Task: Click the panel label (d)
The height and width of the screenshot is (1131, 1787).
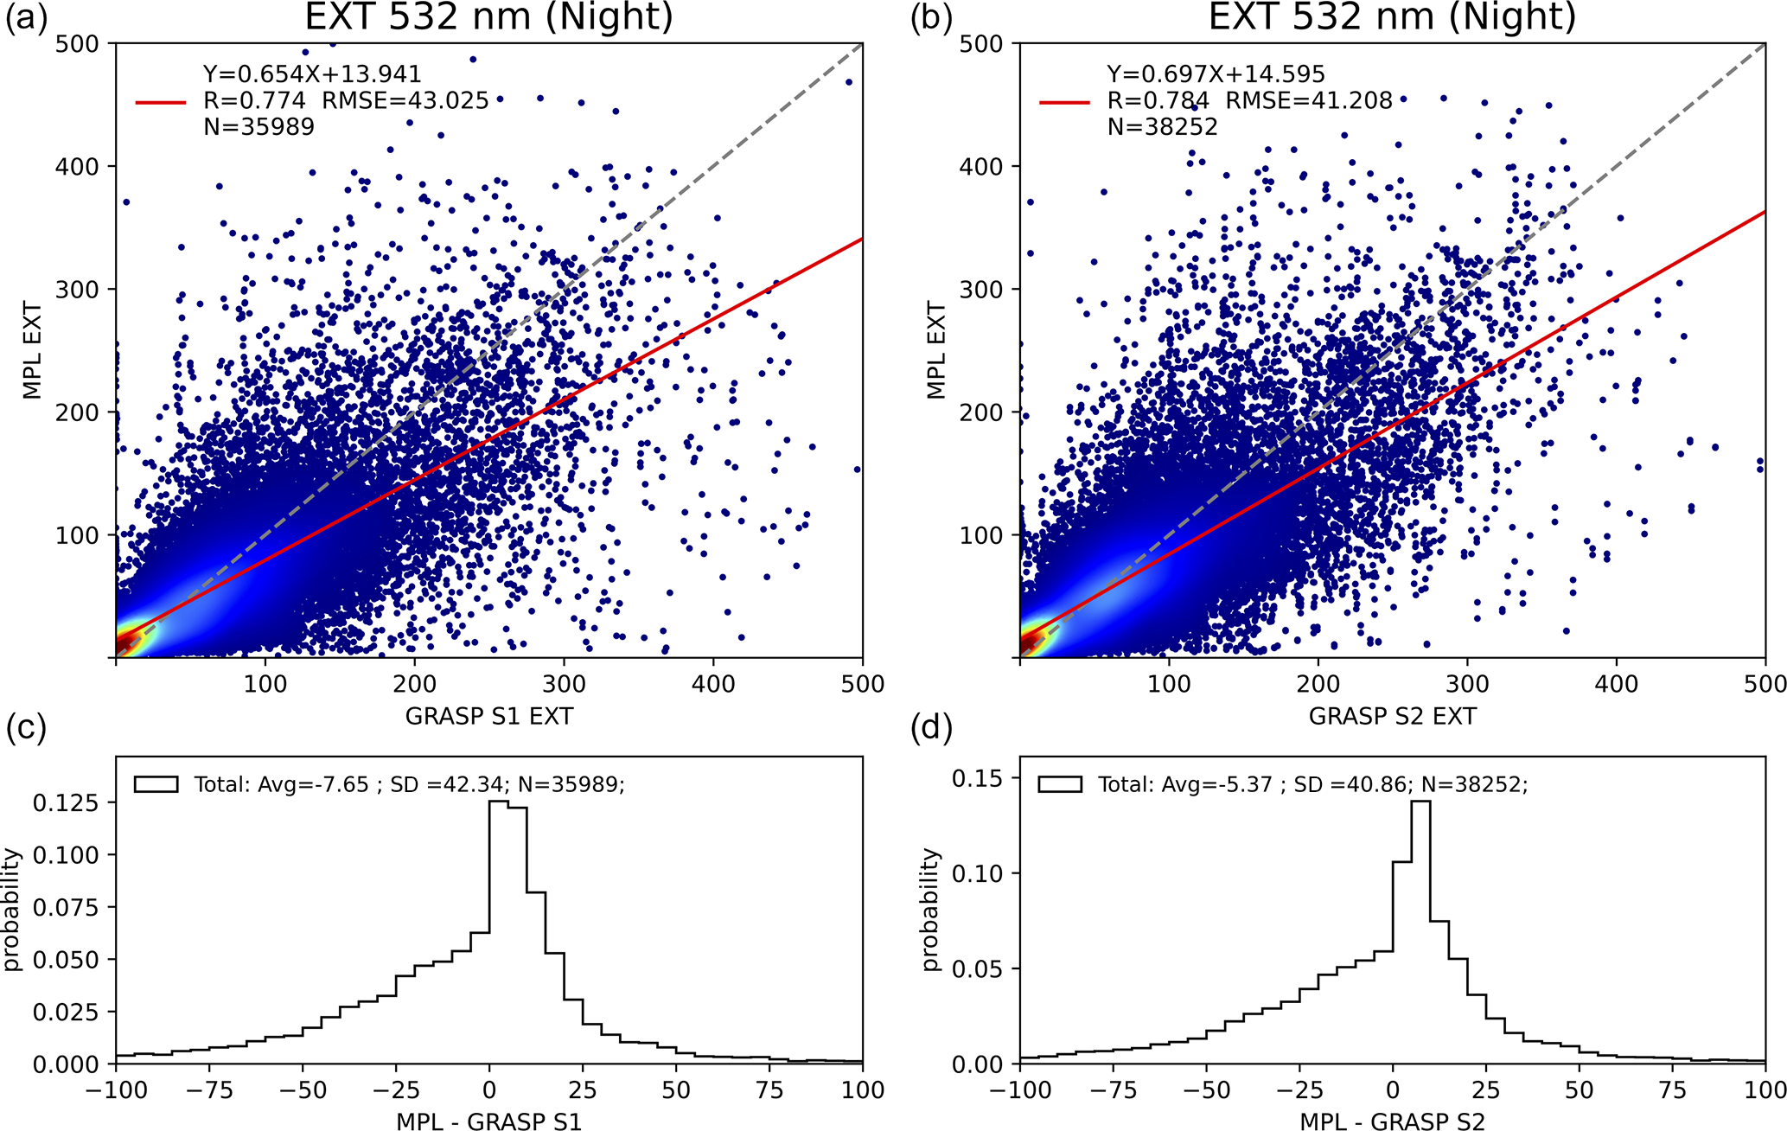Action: tap(931, 728)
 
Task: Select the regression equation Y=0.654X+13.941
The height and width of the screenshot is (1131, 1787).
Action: tap(312, 75)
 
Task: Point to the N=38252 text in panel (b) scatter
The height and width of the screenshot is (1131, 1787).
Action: tap(1162, 127)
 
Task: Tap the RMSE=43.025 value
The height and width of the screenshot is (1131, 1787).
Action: tap(405, 101)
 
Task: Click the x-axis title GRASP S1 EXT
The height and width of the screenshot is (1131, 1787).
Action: tap(488, 716)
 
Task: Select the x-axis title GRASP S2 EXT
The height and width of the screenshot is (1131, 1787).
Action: tap(1392, 716)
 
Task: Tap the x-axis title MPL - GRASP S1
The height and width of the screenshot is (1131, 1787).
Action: tap(488, 1121)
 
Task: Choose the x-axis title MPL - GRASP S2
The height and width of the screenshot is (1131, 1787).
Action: tap(1392, 1121)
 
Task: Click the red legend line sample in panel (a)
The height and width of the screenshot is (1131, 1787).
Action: tap(161, 102)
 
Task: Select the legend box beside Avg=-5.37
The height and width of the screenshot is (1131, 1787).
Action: tap(1060, 784)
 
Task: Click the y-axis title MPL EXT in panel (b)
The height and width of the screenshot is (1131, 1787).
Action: tap(936, 350)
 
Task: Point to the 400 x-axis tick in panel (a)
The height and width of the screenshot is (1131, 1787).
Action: tap(713, 684)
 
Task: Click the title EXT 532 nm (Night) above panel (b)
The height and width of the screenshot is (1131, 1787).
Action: tap(1392, 17)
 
